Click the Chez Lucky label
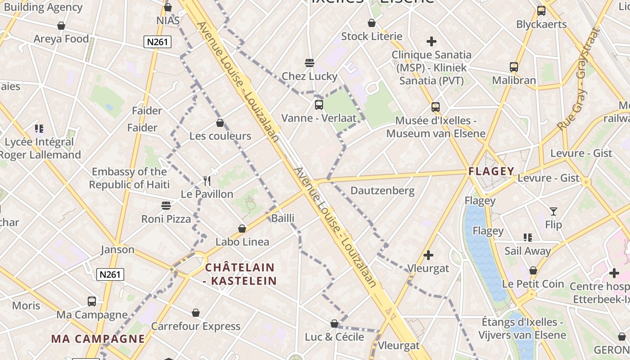coord(309,76)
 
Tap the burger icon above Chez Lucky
coord(309,63)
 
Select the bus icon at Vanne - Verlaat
coord(319,105)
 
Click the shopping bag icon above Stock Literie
coord(372,23)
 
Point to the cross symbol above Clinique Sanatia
coord(432,41)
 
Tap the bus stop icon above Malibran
coord(514,67)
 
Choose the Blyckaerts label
coord(541,24)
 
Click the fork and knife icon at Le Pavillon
coord(207,181)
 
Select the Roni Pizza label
coord(166,219)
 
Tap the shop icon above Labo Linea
coord(242,229)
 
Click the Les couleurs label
coord(220,136)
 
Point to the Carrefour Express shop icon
coord(196,313)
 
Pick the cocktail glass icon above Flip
coord(553,211)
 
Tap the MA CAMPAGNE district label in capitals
coord(98,339)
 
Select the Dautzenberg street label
coord(382,190)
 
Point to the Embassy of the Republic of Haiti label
coord(129,178)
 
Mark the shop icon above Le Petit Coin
coord(533,270)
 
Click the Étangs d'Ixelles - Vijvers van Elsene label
coord(522,328)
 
